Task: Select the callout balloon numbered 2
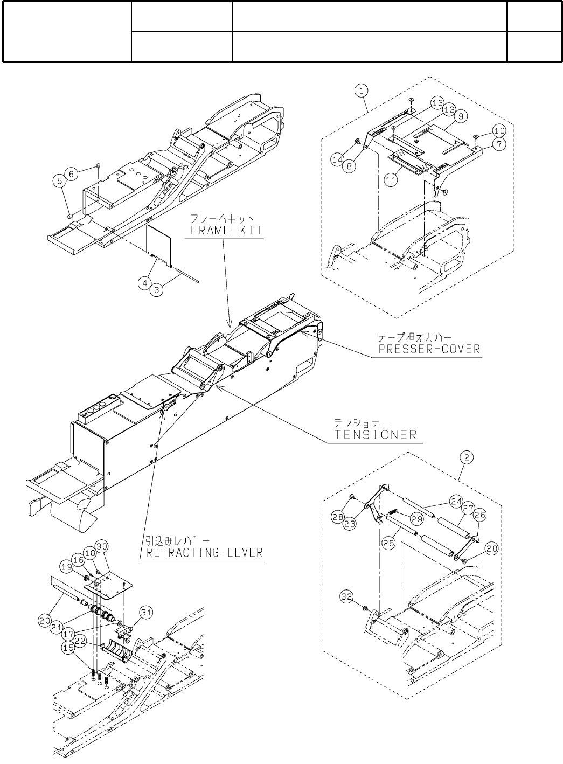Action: point(467,457)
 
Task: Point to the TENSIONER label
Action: point(376,434)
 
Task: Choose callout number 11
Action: point(391,181)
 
